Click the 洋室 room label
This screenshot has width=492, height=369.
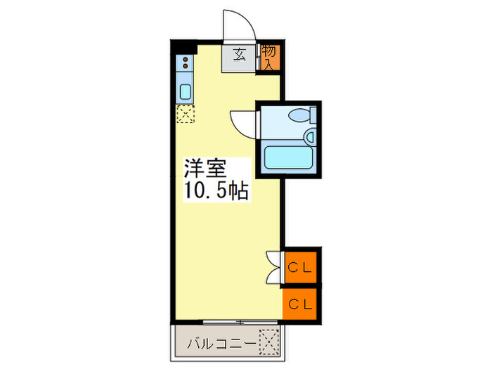pyautogui.click(x=205, y=169)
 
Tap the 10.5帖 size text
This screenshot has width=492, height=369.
pyautogui.click(x=216, y=190)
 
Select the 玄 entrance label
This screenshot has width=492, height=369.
pyautogui.click(x=240, y=54)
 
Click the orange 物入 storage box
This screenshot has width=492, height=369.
pyautogui.click(x=269, y=56)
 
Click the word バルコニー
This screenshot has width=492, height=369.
pyautogui.click(x=221, y=345)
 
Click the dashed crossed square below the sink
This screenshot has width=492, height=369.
pyautogui.click(x=185, y=114)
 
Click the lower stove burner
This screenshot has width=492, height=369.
pyautogui.click(x=185, y=70)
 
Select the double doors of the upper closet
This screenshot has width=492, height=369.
pyautogui.click(x=274, y=266)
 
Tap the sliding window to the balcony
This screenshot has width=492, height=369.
pyautogui.click(x=227, y=323)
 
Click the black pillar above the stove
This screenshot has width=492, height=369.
pyautogui.click(x=183, y=48)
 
